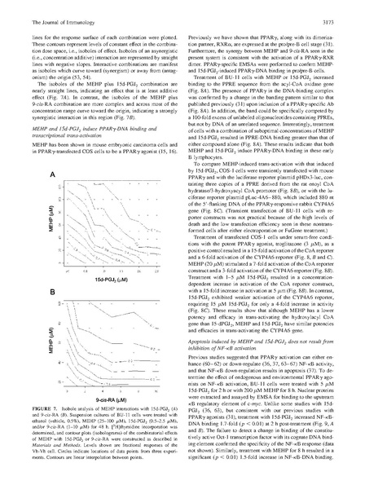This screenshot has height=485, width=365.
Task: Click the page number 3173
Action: [x=341, y=10]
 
